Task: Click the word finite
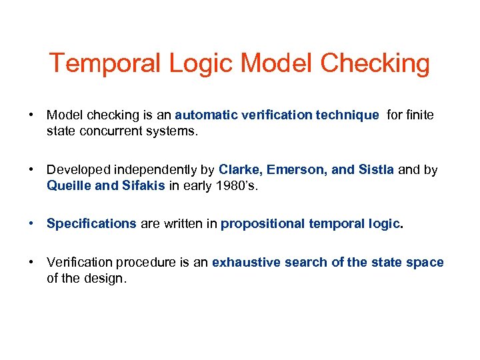419,115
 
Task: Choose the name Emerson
297,170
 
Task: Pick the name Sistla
376,170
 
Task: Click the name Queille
69,185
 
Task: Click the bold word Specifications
91,224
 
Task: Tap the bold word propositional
263,224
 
